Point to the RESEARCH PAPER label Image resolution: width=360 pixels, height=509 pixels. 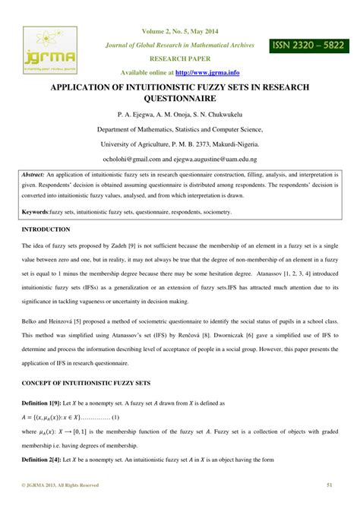click(179, 58)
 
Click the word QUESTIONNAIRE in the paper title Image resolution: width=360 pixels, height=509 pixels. click(179, 99)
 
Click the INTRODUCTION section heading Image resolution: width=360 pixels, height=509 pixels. click(46, 229)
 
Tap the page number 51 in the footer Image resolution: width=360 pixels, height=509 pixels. click(330, 484)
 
